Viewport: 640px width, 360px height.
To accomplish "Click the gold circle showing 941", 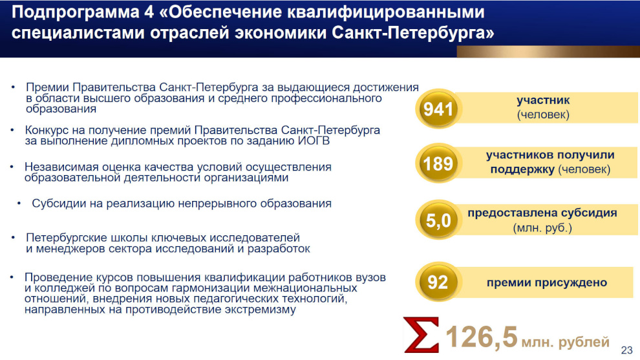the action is [438, 109].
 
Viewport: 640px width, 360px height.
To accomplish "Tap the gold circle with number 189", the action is [438, 164].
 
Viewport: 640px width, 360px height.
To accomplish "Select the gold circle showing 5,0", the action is [438, 220].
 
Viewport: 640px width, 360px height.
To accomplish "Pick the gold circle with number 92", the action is [438, 282].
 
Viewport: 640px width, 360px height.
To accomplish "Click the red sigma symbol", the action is [421, 335].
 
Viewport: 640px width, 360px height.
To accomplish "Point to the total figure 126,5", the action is [482, 337].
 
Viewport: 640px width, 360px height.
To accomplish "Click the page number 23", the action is [626, 350].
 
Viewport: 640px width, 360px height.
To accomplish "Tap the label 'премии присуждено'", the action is [546, 282].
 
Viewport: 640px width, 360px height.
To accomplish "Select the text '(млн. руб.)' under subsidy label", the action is [542, 228].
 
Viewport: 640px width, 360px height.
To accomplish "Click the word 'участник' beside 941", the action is [543, 100].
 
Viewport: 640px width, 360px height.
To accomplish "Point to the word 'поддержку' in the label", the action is [522, 169].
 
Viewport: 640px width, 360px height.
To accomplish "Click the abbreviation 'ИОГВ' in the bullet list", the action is [314, 141].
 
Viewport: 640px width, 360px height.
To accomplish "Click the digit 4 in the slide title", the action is [149, 12].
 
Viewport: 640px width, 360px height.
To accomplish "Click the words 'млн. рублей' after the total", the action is [565, 342].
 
